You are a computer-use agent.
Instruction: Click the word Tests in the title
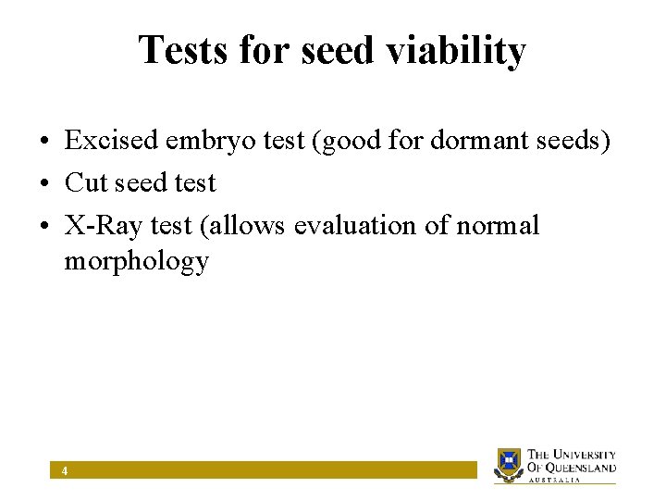coord(183,51)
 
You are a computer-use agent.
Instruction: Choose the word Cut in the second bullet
coord(86,182)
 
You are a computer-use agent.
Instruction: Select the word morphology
coord(136,262)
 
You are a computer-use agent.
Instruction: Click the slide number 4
coord(64,471)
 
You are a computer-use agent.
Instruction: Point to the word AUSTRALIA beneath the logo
coord(554,480)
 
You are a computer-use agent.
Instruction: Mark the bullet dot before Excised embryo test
coord(44,142)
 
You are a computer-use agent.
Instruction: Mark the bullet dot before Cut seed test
coord(44,183)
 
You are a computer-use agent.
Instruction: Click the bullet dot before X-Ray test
coord(44,226)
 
